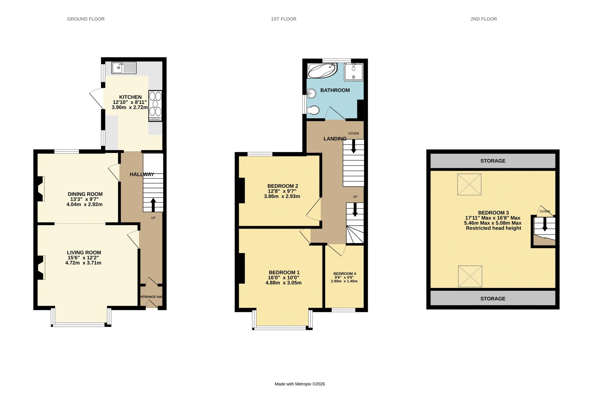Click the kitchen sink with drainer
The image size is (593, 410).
124,68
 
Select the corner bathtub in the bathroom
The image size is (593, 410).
322,71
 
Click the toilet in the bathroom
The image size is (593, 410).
313,110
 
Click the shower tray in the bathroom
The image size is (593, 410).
354,72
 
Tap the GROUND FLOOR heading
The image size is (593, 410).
86,19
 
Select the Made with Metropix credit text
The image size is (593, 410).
299,384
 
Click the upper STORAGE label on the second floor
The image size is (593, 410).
493,161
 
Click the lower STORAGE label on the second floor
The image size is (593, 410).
493,299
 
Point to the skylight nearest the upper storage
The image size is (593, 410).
469,184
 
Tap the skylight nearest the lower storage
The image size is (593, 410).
470,276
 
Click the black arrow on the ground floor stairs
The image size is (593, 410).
153,205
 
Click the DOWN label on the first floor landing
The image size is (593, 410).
353,133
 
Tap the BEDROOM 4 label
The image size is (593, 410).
345,274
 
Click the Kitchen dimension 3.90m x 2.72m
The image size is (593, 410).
130,107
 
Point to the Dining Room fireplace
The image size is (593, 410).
41,189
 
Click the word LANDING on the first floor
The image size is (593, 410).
335,139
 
